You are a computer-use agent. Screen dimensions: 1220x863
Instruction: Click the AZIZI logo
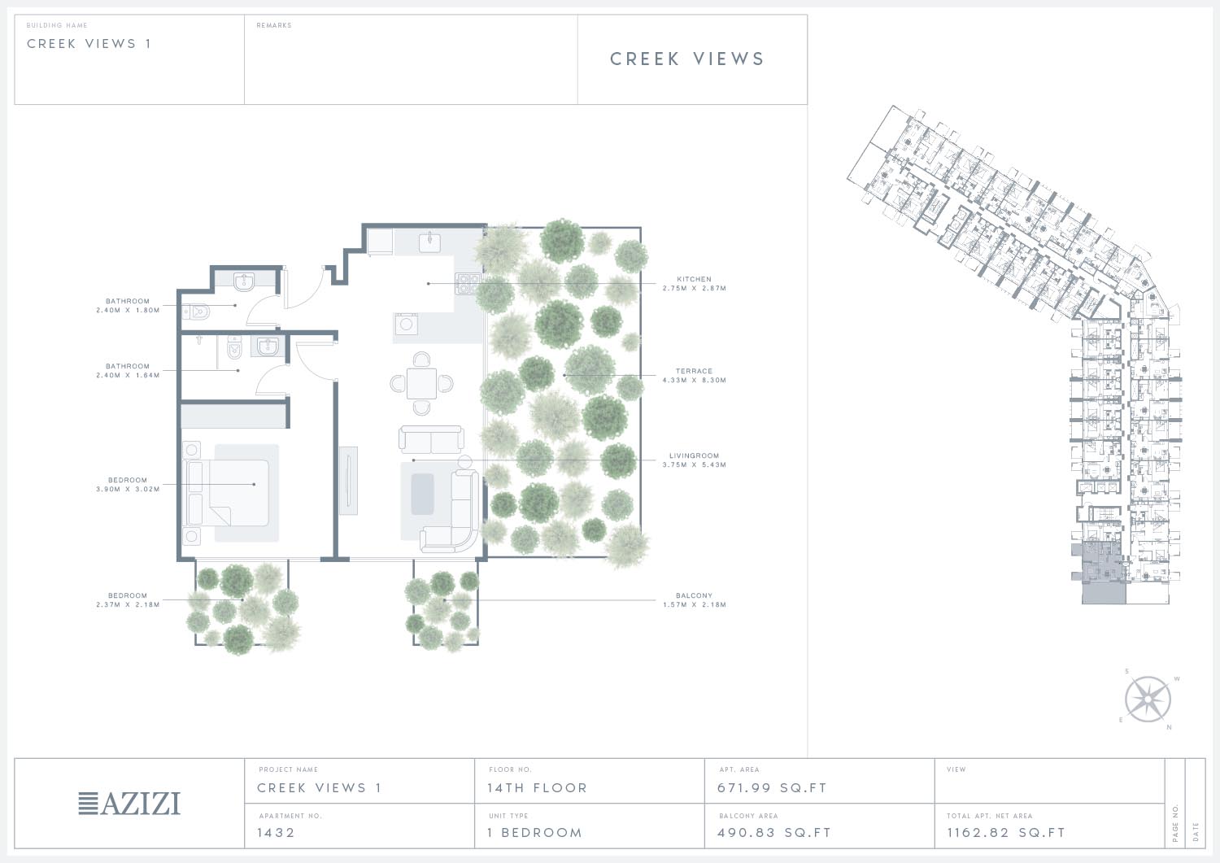pos(129,804)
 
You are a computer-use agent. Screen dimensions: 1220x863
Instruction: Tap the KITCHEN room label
pos(695,283)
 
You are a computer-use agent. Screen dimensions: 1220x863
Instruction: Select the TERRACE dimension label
pos(695,376)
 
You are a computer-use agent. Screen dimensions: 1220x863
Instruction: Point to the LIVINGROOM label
pos(695,460)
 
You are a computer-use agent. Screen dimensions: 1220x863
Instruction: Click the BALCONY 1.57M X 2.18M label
pos(695,599)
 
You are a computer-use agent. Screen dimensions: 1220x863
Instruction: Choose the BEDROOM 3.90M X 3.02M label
pos(128,484)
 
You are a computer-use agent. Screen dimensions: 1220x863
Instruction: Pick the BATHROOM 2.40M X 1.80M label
pos(128,305)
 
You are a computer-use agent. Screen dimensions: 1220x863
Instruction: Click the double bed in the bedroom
pos(228,493)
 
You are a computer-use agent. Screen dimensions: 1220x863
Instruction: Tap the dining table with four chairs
pos(421,384)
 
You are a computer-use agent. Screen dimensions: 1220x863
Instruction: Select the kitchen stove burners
pos(468,283)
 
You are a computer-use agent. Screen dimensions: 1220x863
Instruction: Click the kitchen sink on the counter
pos(429,242)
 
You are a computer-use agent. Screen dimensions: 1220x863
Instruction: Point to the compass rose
pos(1148,700)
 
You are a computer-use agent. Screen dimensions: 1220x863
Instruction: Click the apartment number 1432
pos(277,832)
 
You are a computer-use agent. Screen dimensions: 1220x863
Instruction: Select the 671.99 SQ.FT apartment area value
pos(772,788)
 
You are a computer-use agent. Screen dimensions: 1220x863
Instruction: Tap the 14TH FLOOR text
pos(537,788)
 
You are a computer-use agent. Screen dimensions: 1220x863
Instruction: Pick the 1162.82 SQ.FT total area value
pos(1006,832)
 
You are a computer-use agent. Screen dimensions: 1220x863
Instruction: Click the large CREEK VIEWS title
pos(687,59)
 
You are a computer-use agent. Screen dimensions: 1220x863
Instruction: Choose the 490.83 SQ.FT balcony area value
pos(774,832)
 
